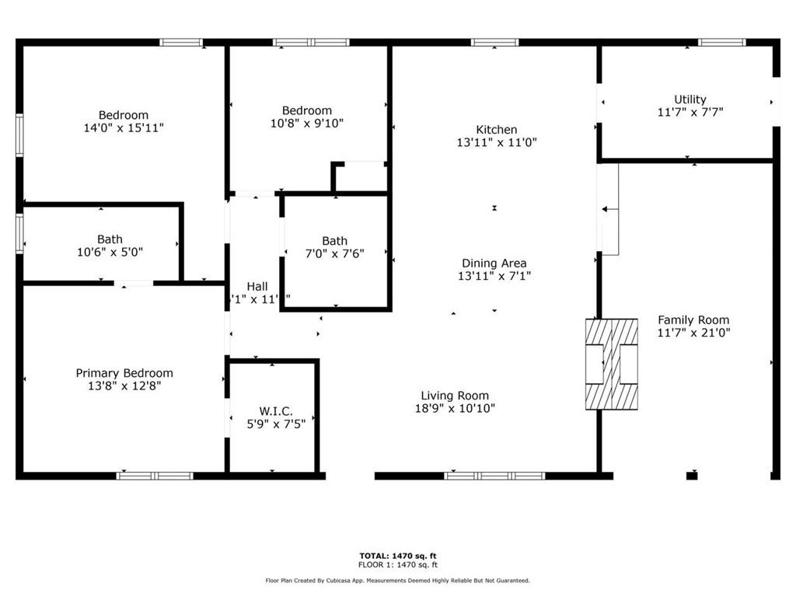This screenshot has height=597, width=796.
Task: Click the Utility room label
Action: [690, 99]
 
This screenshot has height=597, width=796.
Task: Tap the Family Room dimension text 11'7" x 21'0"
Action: [693, 333]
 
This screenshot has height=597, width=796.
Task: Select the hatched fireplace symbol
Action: [611, 365]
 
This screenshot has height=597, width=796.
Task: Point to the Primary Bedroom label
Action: [124, 373]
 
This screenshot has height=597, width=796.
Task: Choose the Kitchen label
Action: [497, 130]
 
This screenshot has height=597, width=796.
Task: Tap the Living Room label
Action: [455, 395]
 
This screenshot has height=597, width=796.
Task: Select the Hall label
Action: [257, 286]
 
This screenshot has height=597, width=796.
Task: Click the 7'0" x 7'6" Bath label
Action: [334, 241]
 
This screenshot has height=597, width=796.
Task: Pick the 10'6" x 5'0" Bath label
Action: [110, 239]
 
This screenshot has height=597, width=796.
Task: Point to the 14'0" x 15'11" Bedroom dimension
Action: [124, 128]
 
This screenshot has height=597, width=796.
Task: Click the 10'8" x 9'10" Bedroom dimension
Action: [306, 123]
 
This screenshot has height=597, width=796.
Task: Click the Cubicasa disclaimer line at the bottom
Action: [397, 580]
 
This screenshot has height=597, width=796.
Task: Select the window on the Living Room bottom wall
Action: [494, 476]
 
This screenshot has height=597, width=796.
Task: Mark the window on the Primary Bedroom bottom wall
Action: [155, 476]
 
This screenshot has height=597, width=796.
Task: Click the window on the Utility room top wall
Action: [721, 42]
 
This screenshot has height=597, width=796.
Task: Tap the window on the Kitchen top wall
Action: [494, 42]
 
